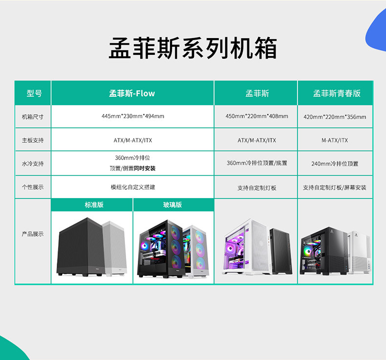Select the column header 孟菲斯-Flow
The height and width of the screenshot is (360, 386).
(132, 93)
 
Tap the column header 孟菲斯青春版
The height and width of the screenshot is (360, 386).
(337, 93)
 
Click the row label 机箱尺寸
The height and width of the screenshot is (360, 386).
(33, 117)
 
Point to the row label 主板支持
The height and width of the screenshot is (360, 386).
(33, 140)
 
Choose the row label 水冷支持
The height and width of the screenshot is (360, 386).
(33, 163)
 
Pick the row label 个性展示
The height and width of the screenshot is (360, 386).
(33, 187)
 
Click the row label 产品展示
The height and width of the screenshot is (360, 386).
(33, 234)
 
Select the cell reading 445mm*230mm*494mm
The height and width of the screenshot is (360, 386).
(133, 116)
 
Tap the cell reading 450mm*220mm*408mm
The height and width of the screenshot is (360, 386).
(257, 116)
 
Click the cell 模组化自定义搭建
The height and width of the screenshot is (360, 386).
(133, 187)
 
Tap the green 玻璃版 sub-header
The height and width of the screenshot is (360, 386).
(172, 205)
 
